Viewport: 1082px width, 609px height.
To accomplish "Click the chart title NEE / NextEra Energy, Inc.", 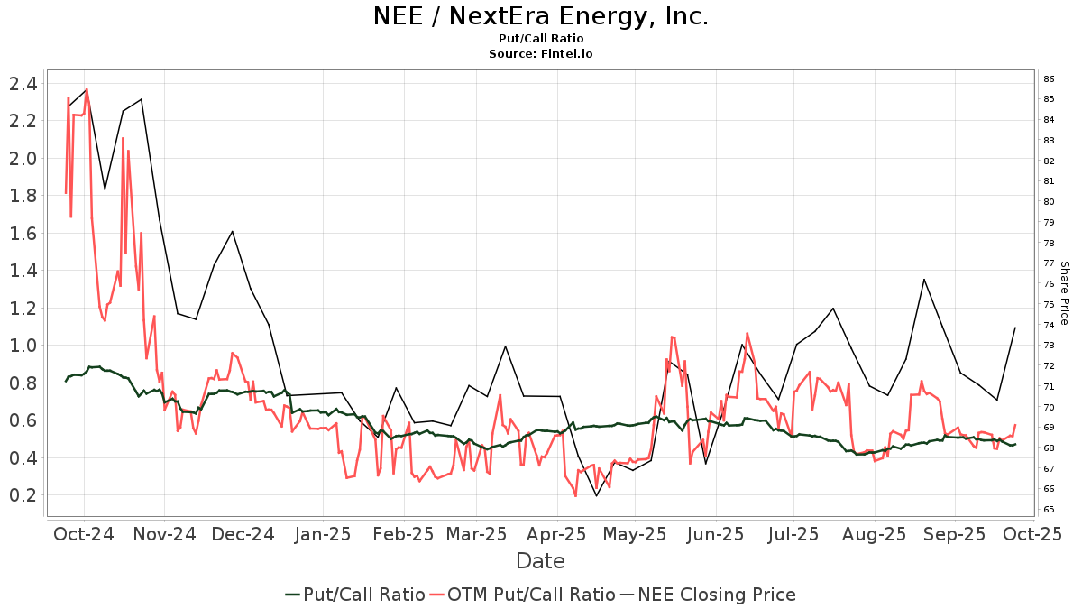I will [540, 16].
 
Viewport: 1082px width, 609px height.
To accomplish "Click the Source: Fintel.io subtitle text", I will [540, 54].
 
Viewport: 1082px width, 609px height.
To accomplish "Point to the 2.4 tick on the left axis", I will [23, 84].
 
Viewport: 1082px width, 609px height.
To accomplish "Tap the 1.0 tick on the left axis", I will [23, 346].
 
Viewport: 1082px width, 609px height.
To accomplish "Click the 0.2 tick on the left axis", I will [23, 495].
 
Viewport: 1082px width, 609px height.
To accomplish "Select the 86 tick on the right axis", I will [1050, 79].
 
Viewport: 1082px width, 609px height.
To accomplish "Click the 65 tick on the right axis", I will [1050, 510].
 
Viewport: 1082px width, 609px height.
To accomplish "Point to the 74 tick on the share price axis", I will [1050, 325].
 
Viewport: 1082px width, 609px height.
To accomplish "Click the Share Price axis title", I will [1065, 293].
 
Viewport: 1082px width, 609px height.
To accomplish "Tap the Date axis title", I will [540, 561].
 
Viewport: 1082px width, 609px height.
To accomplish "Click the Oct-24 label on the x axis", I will [84, 534].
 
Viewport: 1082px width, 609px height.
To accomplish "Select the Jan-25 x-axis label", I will [323, 534].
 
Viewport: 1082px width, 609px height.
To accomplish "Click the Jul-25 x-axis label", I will [793, 534].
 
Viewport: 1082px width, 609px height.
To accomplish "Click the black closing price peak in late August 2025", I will [924, 280].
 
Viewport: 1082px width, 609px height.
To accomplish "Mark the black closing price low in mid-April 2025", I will [596, 495].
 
